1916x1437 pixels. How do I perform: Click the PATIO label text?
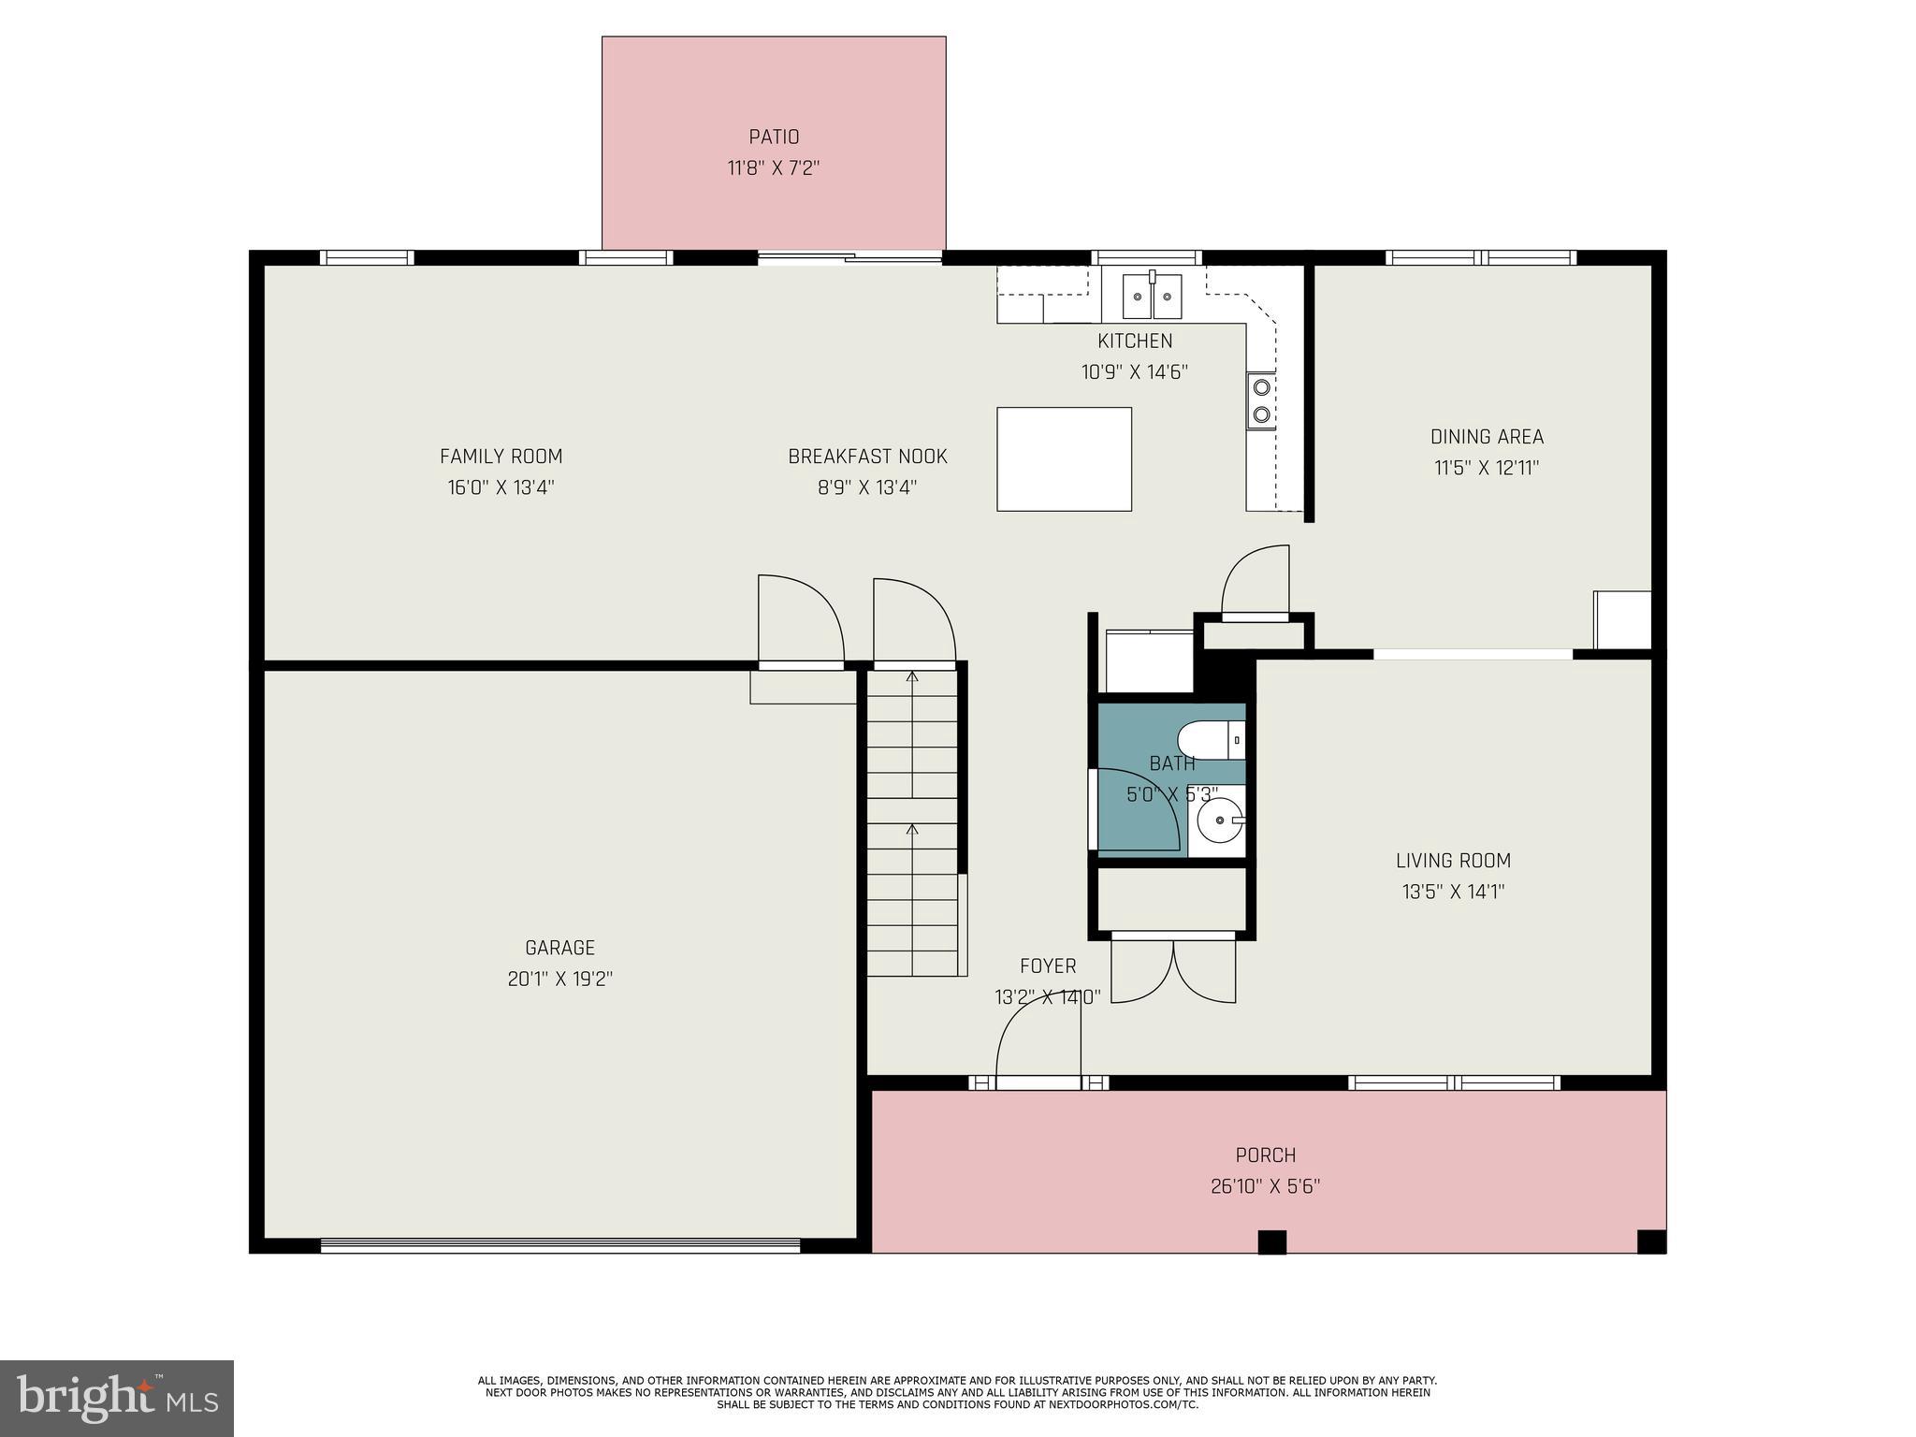pyautogui.click(x=774, y=138)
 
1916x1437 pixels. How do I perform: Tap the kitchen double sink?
pyautogui.click(x=1153, y=297)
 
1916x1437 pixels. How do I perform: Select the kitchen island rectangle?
pyautogui.click(x=1064, y=459)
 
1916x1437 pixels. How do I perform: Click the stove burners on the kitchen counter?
pyautogui.click(x=1261, y=400)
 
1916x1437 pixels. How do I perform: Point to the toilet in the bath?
pyautogui.click(x=1211, y=741)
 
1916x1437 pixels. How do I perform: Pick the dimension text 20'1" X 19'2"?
pyautogui.click(x=559, y=980)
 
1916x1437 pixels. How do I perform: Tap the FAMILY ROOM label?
pyautogui.click(x=501, y=457)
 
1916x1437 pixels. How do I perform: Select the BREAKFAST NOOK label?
pyautogui.click(x=867, y=457)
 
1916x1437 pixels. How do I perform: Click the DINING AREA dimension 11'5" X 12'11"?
pyautogui.click(x=1487, y=468)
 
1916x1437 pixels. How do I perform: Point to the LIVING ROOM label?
pyautogui.click(x=1453, y=861)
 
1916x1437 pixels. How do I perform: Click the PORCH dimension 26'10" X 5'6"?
pyautogui.click(x=1265, y=1187)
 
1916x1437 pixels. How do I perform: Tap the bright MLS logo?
pyautogui.click(x=117, y=1398)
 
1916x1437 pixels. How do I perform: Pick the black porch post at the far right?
pyautogui.click(x=1651, y=1241)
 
